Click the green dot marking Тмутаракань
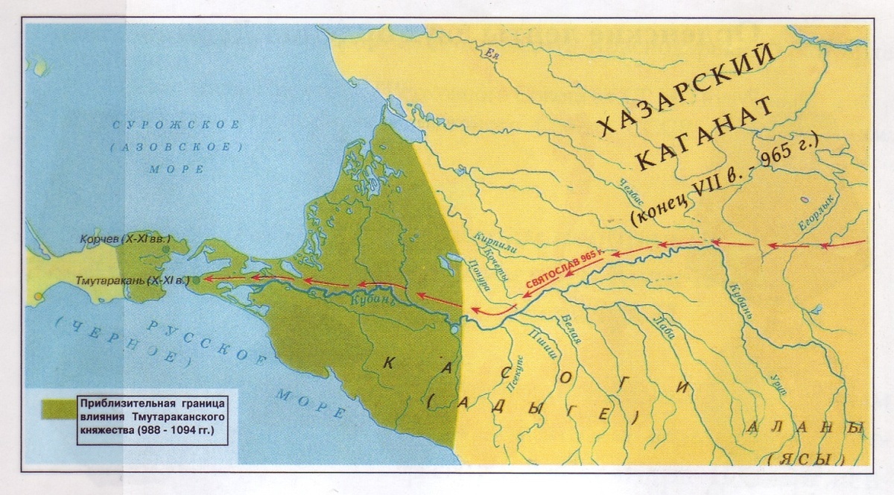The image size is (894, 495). click(x=196, y=280)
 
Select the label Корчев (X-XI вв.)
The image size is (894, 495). click(x=133, y=239)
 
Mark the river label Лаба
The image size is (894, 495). click(x=664, y=327)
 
